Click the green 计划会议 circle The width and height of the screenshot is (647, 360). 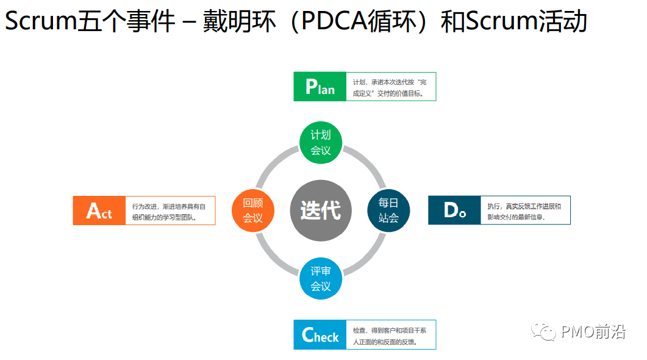coord(321,143)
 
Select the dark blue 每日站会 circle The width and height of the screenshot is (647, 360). coord(388,210)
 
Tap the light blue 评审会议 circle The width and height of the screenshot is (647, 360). coord(321,278)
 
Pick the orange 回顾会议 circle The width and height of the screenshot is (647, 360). coord(253,210)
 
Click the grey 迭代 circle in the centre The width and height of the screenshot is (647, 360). coord(321,210)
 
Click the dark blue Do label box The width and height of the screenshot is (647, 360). coord(454,210)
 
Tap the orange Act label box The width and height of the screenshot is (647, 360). coord(99,211)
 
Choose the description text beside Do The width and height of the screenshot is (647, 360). coord(524,211)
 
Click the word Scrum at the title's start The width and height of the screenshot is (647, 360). coord(40,22)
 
